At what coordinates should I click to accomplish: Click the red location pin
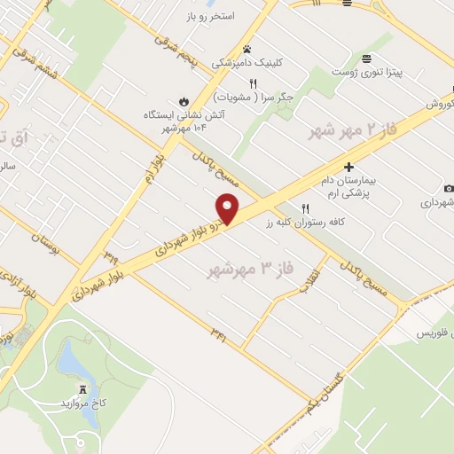pyautogui.click(x=229, y=207)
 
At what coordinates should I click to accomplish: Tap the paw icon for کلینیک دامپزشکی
pyautogui.click(x=247, y=50)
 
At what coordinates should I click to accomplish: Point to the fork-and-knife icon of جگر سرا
pyautogui.click(x=253, y=82)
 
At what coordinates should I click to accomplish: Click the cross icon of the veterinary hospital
pyautogui.click(x=348, y=166)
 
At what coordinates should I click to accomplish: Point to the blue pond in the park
pyautogui.click(x=68, y=359)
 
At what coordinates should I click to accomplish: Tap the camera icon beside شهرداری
pyautogui.click(x=449, y=188)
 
